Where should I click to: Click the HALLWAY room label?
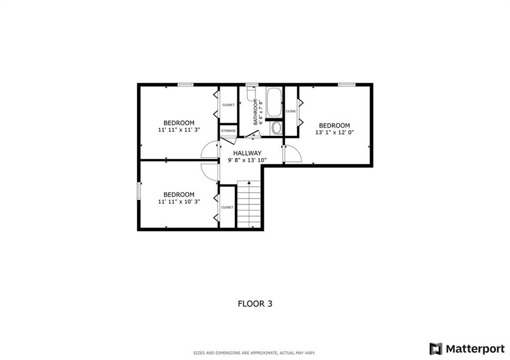tap(247, 153)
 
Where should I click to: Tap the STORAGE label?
tap(228, 131)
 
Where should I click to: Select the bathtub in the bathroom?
tap(274, 103)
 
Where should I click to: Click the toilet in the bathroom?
tap(251, 93)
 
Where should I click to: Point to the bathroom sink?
tap(276, 128)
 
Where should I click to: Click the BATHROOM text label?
tap(255, 112)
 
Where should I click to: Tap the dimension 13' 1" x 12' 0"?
tap(334, 132)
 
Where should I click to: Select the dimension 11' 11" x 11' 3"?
tap(179, 129)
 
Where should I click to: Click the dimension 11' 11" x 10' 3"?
tap(179, 202)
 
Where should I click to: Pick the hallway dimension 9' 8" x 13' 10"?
tap(247, 160)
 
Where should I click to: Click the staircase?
tap(249, 204)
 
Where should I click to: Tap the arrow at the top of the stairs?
tap(249, 183)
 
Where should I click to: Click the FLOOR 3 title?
tap(255, 304)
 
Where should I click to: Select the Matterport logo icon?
tap(436, 349)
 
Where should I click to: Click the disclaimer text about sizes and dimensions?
tap(255, 353)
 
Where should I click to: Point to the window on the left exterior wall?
tap(139, 191)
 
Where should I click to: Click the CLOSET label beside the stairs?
tap(227, 208)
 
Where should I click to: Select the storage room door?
tap(228, 140)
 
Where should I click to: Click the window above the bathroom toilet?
tap(250, 85)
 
